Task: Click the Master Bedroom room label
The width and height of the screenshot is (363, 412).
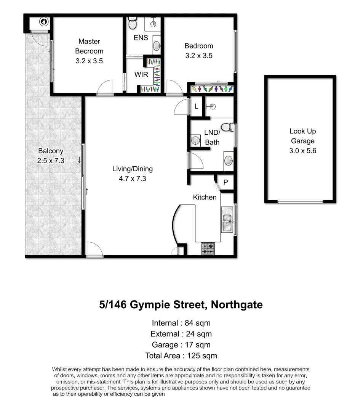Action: (x=89, y=46)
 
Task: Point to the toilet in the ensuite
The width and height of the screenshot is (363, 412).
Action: (x=133, y=24)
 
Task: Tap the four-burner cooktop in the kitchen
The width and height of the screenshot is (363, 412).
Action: (x=208, y=249)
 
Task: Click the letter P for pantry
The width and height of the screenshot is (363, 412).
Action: (x=225, y=183)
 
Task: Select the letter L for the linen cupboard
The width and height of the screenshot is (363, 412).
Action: (x=196, y=106)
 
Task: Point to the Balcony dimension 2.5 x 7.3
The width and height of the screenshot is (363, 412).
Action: (x=51, y=161)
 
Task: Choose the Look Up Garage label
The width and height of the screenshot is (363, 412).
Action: (x=303, y=136)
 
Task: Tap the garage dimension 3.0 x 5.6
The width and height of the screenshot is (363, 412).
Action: (x=303, y=151)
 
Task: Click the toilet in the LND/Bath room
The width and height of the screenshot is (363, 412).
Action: (x=227, y=127)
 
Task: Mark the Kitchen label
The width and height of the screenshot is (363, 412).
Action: (x=205, y=197)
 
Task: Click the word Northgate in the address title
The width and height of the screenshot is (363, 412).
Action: (x=237, y=305)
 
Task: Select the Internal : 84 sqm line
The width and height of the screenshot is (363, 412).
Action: (x=181, y=323)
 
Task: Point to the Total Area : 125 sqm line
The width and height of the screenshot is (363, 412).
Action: (x=181, y=356)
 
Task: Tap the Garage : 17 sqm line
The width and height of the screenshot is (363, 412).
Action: (x=181, y=345)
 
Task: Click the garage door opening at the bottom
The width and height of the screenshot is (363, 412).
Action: (x=301, y=201)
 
